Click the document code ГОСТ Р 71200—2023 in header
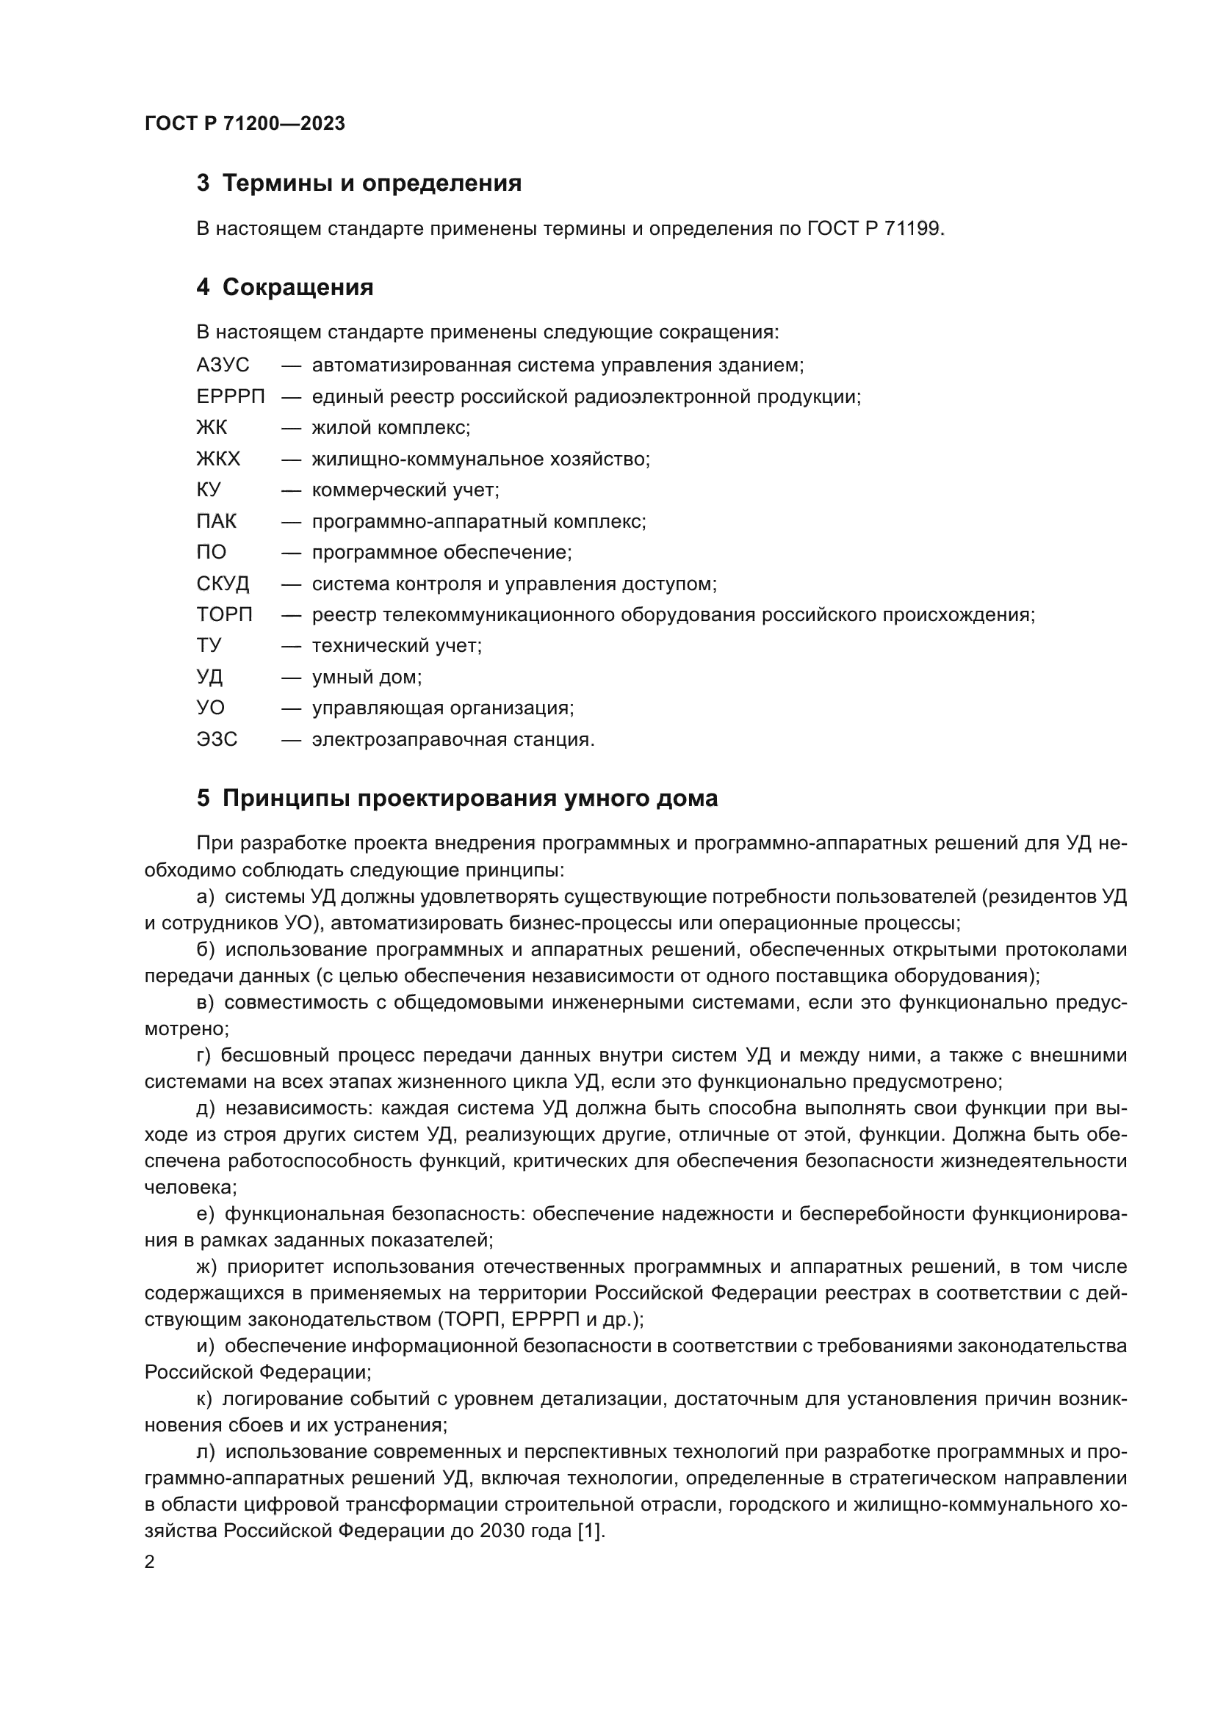[245, 123]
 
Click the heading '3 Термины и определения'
[358, 184]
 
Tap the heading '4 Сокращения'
[284, 287]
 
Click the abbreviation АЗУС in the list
[223, 366]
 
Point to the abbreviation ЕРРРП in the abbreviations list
[231, 397]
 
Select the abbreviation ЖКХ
[218, 459]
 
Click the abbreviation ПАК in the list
[216, 521]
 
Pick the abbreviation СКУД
[223, 584]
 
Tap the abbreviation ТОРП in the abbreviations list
[225, 614]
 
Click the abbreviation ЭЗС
[217, 740]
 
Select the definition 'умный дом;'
[367, 678]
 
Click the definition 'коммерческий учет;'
[405, 490]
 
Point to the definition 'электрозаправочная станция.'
[453, 740]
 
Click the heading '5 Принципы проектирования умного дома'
[456, 799]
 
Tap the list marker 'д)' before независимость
[206, 1108]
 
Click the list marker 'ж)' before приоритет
[206, 1267]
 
